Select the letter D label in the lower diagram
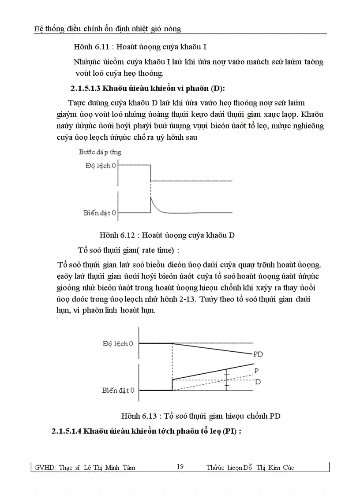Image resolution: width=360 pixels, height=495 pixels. coord(258,382)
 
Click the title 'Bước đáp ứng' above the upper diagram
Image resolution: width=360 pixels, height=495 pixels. coord(100,152)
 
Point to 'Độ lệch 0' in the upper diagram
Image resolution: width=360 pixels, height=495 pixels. coord(100,166)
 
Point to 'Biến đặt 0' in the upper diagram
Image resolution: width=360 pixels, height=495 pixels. coord(100,213)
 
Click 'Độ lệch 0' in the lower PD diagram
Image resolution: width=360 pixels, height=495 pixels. coord(118,343)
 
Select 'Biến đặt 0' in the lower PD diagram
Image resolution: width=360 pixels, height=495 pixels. coord(118,390)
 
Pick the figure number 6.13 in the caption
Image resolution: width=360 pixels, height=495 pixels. coord(152,416)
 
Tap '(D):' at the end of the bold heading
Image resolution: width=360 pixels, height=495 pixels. coord(216,89)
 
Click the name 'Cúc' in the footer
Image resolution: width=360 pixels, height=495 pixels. coord(287,468)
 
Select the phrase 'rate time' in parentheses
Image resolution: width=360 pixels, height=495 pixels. coord(157,250)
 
